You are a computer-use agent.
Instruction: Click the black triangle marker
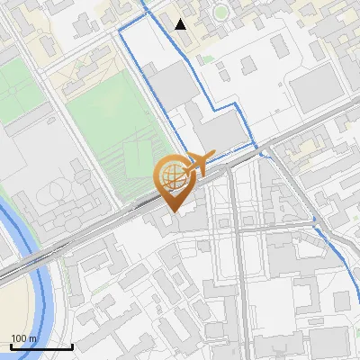181,24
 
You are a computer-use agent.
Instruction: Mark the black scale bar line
41,346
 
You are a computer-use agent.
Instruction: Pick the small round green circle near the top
220,13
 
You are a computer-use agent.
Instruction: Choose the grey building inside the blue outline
171,85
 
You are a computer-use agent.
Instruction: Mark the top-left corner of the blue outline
121,31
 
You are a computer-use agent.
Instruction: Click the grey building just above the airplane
223,131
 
